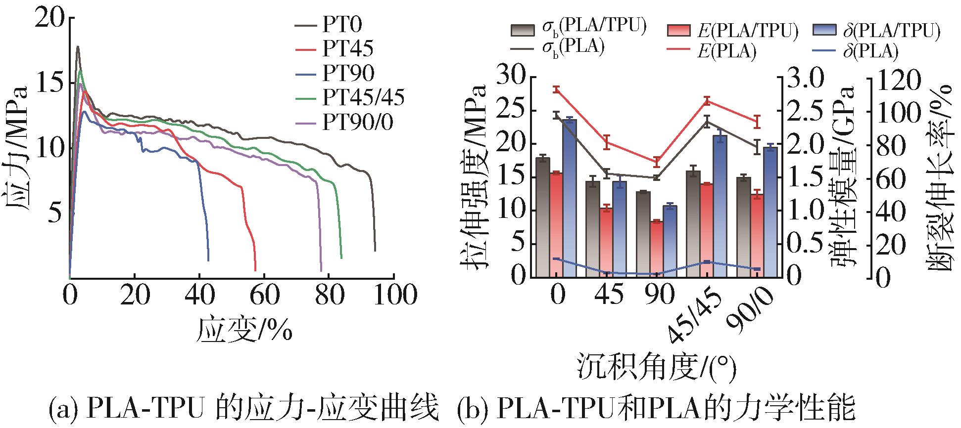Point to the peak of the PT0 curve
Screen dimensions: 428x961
[78, 47]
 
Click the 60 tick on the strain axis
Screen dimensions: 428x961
[265, 295]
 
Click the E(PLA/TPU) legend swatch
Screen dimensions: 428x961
[679, 31]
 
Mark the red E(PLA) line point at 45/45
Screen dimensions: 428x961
[707, 101]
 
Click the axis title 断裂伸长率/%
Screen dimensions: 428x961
[939, 178]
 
